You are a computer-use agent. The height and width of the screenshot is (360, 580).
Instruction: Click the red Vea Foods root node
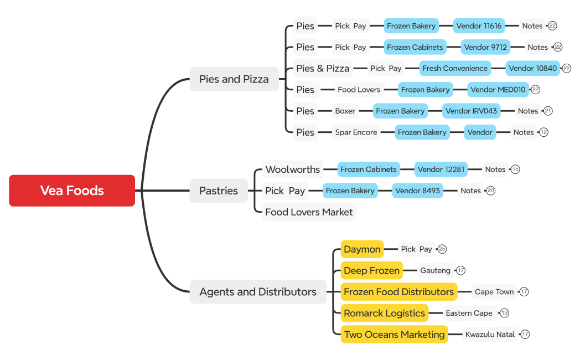click(x=72, y=191)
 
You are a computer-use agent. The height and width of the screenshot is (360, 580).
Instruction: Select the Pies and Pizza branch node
click(x=234, y=79)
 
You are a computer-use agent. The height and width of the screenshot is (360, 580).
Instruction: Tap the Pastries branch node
click(x=218, y=191)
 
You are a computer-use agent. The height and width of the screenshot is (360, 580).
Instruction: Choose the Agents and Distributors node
click(x=258, y=292)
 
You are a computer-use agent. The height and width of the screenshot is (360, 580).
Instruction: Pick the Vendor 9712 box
click(x=485, y=47)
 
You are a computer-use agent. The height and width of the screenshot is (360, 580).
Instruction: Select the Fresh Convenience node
click(x=455, y=69)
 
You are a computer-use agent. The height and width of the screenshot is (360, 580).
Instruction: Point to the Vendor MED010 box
click(x=498, y=90)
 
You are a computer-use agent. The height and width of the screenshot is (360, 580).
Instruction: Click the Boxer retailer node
click(x=345, y=111)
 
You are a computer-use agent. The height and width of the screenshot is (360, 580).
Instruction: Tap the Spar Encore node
click(x=356, y=132)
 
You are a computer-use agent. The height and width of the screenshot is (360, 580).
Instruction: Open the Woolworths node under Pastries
click(x=292, y=169)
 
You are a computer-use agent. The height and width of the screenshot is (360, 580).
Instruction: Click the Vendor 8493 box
click(x=417, y=191)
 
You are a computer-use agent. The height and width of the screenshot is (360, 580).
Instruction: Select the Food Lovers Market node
click(x=309, y=212)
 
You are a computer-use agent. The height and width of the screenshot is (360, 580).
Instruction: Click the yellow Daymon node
click(x=362, y=249)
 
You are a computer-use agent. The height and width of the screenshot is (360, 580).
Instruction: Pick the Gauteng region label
click(x=435, y=270)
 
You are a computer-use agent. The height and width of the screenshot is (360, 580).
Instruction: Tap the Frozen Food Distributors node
click(x=398, y=292)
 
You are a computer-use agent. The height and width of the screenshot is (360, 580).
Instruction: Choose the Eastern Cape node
click(x=469, y=313)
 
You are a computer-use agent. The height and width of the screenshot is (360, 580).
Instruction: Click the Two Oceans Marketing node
click(x=394, y=335)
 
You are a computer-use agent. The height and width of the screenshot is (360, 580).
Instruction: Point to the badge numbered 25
click(x=442, y=249)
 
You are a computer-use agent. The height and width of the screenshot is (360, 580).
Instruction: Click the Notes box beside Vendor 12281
click(x=495, y=169)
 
